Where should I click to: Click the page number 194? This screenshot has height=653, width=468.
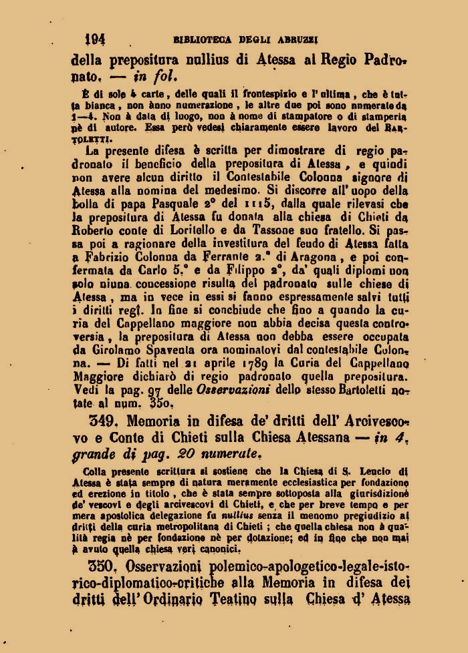94,38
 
